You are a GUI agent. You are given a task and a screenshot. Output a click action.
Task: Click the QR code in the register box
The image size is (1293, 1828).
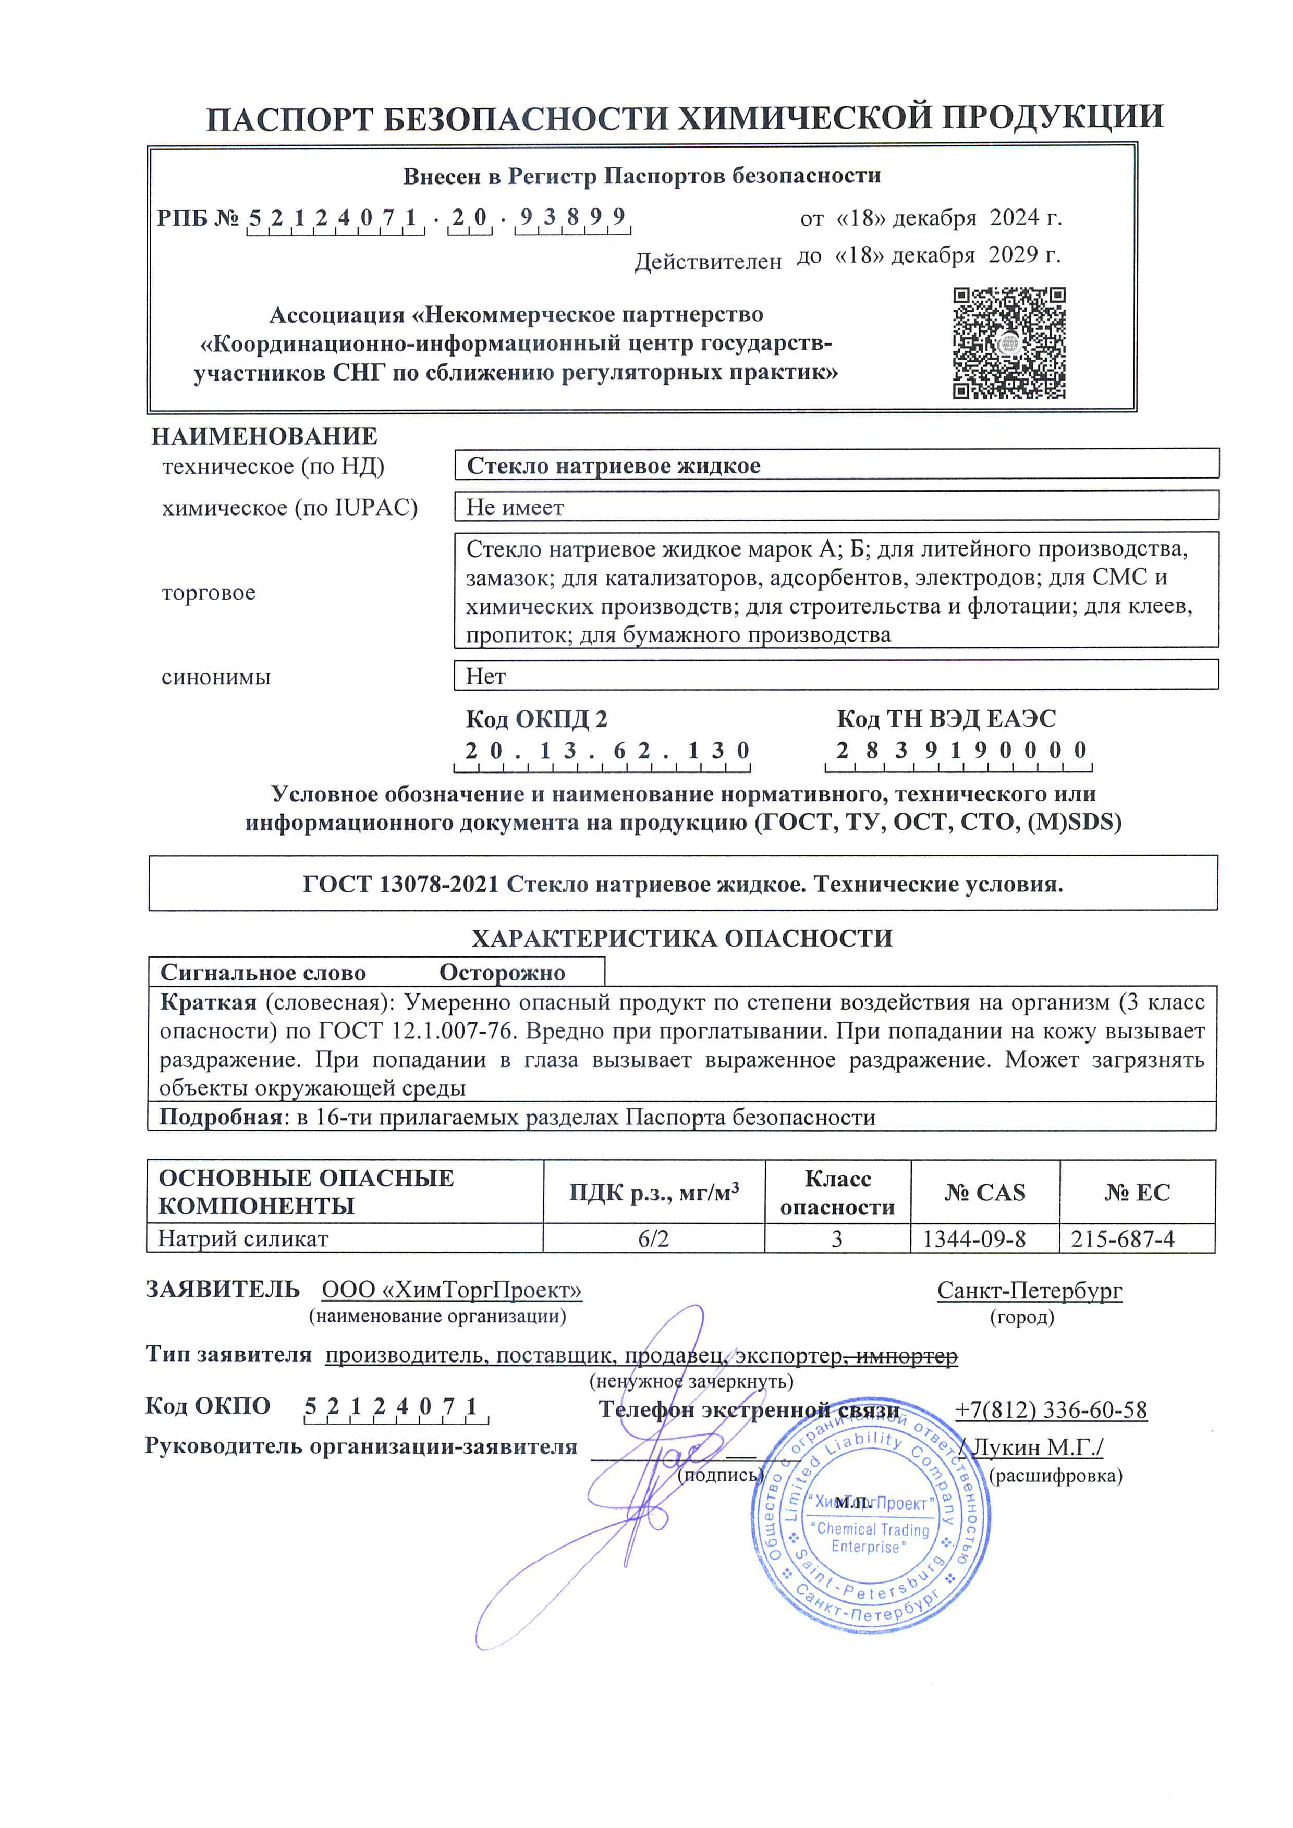click(1009, 343)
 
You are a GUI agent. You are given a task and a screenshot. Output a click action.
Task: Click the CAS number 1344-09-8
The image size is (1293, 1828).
click(974, 1239)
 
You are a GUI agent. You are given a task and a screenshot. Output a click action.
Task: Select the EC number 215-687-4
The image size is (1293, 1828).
click(1122, 1239)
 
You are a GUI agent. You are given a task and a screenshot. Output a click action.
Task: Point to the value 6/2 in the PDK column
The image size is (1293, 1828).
click(654, 1239)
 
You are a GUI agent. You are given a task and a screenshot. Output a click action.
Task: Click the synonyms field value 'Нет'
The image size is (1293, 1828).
click(486, 676)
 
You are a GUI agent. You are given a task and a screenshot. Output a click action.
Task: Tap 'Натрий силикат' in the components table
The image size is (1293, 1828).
click(243, 1239)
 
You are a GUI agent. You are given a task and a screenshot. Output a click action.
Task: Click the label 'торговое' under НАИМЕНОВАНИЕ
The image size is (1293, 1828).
click(209, 593)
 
